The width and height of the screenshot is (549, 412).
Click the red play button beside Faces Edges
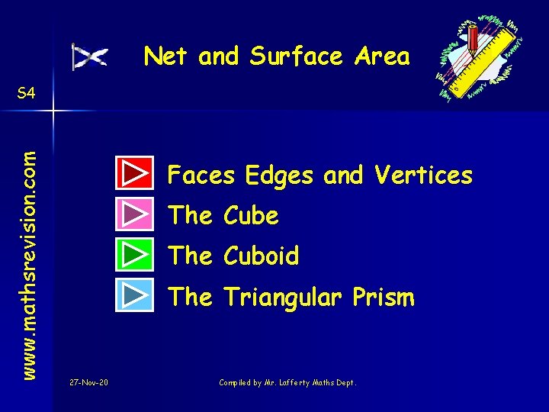coord(135,173)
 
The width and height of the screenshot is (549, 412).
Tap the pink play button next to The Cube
coord(135,214)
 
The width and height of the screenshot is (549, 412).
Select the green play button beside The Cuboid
coord(135,254)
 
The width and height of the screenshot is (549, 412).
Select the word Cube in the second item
coord(251,216)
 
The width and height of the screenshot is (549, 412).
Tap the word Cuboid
coord(261,256)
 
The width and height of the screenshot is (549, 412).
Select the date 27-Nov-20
coord(88,382)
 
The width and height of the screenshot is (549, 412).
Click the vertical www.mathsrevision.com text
coord(29,253)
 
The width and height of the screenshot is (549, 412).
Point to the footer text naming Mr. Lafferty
coord(287,382)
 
